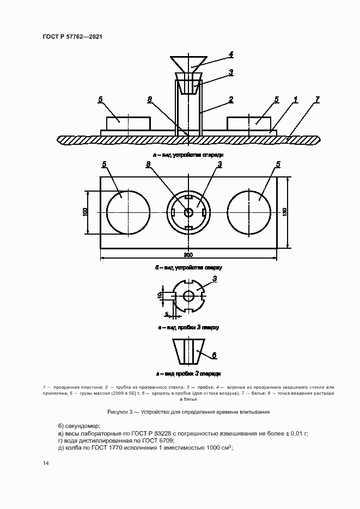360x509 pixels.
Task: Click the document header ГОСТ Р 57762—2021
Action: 72,36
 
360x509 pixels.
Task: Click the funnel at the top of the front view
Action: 188,63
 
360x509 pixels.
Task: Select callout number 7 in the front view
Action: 318,100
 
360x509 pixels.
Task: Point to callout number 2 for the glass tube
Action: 231,100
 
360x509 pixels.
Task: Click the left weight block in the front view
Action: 129,123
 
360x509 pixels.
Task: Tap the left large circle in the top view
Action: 128,212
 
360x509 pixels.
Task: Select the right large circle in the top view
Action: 249,212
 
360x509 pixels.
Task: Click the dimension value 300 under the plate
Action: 188,254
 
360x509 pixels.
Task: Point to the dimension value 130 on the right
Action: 285,212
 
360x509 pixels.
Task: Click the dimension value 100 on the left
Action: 86,212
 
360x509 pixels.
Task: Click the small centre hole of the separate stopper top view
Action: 188,296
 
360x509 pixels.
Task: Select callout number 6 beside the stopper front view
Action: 215,355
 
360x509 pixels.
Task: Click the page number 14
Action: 46,463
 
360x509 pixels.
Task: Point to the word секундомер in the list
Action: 83,425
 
